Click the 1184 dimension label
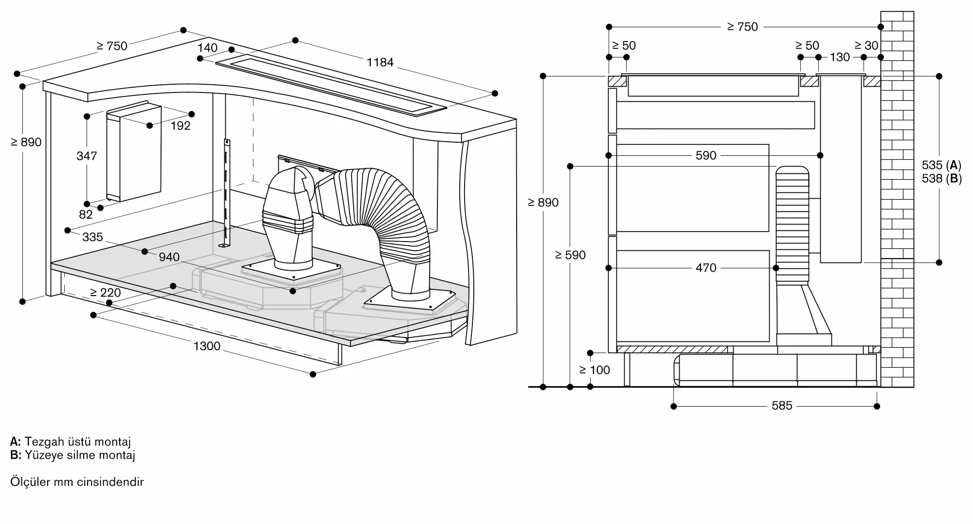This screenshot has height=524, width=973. click(x=380, y=62)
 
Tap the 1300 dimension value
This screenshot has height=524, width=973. click(x=207, y=346)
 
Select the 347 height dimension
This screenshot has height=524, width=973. click(x=87, y=156)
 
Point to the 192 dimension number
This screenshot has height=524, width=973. click(x=180, y=126)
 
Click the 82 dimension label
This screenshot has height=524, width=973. click(x=86, y=215)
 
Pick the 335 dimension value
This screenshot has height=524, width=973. click(x=92, y=237)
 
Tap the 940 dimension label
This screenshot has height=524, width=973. click(x=169, y=257)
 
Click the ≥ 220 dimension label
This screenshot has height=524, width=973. click(x=106, y=293)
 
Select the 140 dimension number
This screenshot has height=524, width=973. click(x=208, y=48)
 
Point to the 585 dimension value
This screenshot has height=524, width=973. click(x=782, y=406)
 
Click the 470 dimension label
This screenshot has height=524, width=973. click(x=706, y=268)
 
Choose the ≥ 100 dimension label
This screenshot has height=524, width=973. click(x=595, y=370)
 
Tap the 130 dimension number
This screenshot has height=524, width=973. click(x=840, y=57)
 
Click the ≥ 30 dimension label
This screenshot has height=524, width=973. click(x=866, y=46)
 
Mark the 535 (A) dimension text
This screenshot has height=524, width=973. click(x=941, y=165)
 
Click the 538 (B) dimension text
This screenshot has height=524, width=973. click(x=941, y=179)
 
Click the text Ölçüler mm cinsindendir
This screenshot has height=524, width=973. click(x=77, y=482)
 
